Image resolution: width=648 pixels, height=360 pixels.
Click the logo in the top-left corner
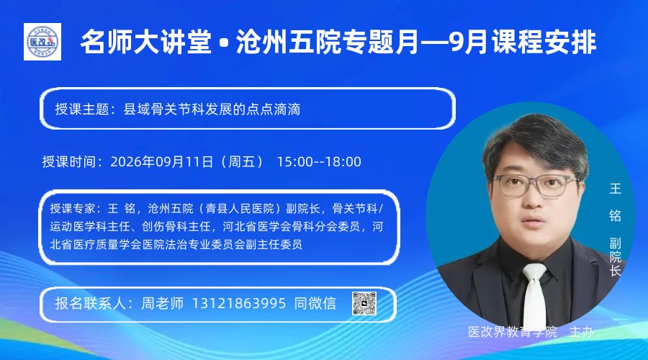pos(42,42)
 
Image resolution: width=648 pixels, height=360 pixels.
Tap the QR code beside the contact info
pos(364,304)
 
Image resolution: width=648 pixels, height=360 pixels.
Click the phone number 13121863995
pos(239,303)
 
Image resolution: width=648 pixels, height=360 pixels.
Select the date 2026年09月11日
pos(161,161)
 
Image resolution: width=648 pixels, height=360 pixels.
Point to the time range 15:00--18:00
pos(319,161)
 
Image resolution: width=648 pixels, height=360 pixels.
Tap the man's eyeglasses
pos(536,185)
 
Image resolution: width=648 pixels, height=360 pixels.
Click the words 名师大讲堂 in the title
pos(146,42)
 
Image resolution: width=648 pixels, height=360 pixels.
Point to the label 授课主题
pos(82,109)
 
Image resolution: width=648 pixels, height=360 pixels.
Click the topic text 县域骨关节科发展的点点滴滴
pos(212,109)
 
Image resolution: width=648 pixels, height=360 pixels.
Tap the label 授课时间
pos(69,161)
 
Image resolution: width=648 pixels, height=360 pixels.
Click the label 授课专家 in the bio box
pos(73,208)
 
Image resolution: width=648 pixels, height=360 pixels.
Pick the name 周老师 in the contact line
pos(163,303)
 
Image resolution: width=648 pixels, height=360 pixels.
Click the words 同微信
pos(315,303)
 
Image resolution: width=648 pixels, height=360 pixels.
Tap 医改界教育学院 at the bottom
pos(513,332)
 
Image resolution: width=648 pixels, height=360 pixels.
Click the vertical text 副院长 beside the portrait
pos(616,256)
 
